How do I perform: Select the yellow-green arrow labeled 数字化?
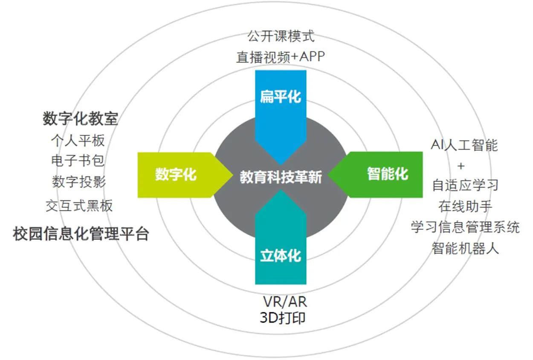click(176, 175)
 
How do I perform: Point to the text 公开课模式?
click(281, 36)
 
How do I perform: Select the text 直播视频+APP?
click(281, 57)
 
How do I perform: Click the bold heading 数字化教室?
click(80, 119)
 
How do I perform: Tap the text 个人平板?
click(78, 140)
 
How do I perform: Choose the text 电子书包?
click(78, 161)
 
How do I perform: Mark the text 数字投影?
click(79, 182)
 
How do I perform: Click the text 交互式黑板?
click(79, 206)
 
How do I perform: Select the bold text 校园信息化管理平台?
click(81, 234)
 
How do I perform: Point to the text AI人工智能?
click(464, 146)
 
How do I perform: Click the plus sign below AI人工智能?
click(461, 165)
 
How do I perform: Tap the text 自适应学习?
click(465, 185)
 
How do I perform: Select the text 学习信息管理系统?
click(465, 227)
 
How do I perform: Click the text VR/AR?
click(284, 302)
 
